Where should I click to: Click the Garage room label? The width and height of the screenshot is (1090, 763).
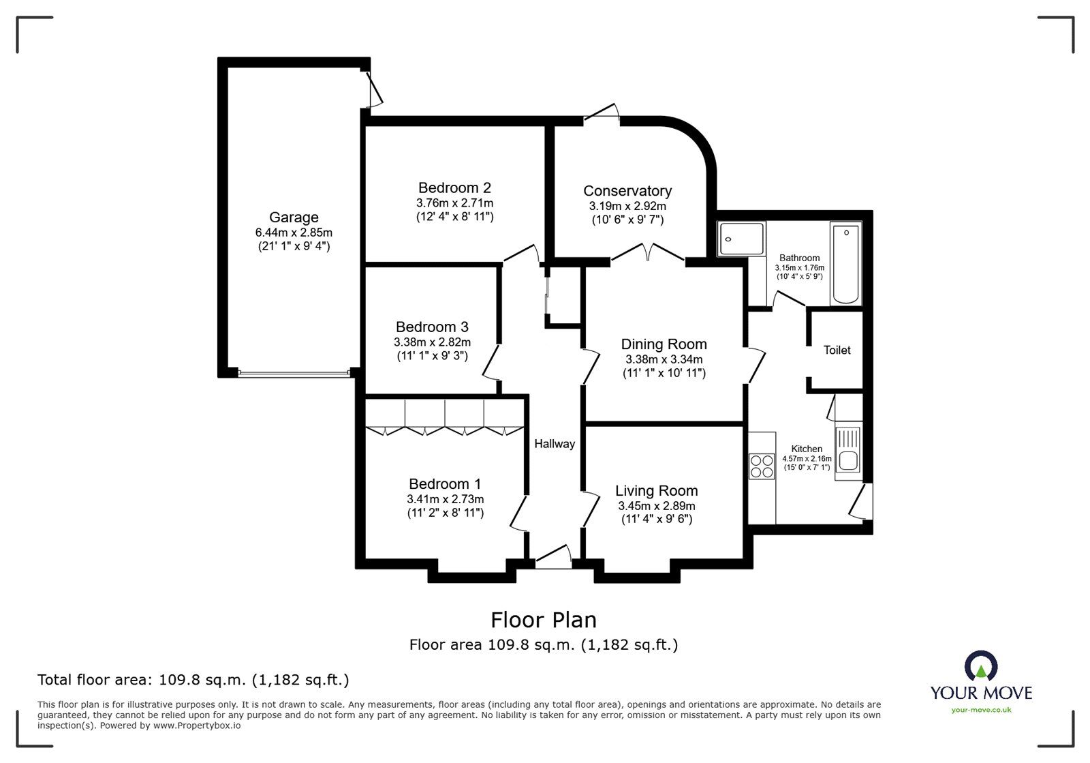[x=294, y=218]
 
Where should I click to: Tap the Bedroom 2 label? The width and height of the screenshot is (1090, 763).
[x=454, y=188]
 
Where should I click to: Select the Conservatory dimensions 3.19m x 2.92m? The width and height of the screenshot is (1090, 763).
[x=627, y=205]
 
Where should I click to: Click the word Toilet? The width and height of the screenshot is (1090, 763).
[x=837, y=350]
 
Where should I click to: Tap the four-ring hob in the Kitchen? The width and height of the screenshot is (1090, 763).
[x=762, y=465]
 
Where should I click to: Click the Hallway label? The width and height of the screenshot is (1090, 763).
[x=554, y=444]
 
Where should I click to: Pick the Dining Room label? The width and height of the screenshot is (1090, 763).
[x=664, y=344]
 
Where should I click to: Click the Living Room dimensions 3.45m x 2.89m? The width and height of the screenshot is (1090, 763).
[x=656, y=506]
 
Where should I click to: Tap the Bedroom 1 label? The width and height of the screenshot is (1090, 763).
[x=445, y=484]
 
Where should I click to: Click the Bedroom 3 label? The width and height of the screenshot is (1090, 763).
[x=432, y=327]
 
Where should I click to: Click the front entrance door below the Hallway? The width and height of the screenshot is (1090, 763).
[x=553, y=556]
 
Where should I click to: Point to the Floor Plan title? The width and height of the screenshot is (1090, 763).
[x=544, y=620]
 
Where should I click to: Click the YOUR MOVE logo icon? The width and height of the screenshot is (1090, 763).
[x=981, y=665]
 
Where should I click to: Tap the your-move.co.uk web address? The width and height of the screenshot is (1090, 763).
[x=981, y=710]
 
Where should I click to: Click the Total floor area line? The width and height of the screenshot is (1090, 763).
[x=193, y=680]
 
